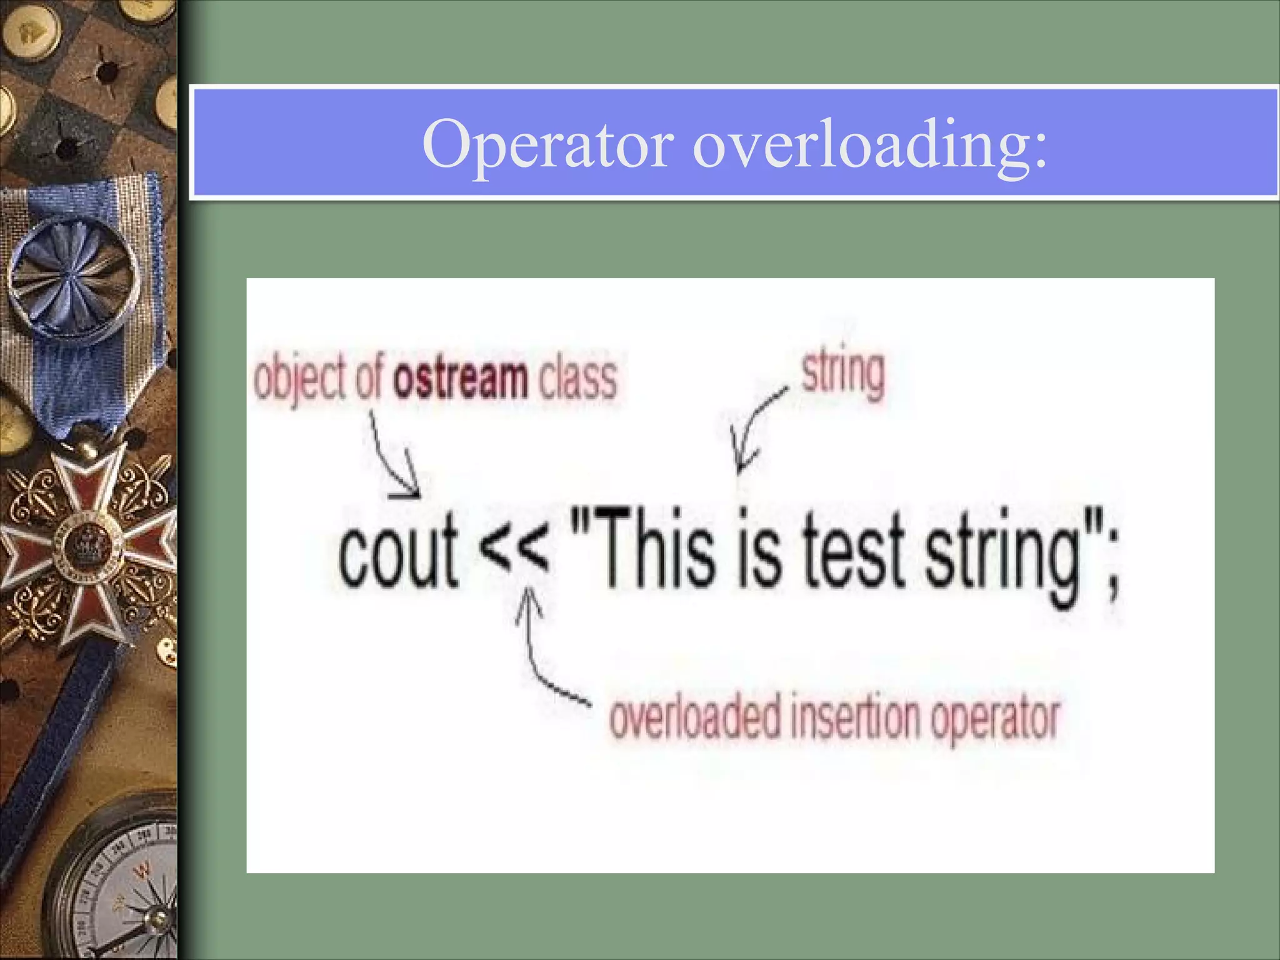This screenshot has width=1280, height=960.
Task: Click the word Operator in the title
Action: pyautogui.click(x=548, y=145)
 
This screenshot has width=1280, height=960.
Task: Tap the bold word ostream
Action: pyautogui.click(x=461, y=379)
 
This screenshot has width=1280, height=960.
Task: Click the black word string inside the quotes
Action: pyautogui.click(x=1004, y=556)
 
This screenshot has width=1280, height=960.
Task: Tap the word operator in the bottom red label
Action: pyautogui.click(x=995, y=720)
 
